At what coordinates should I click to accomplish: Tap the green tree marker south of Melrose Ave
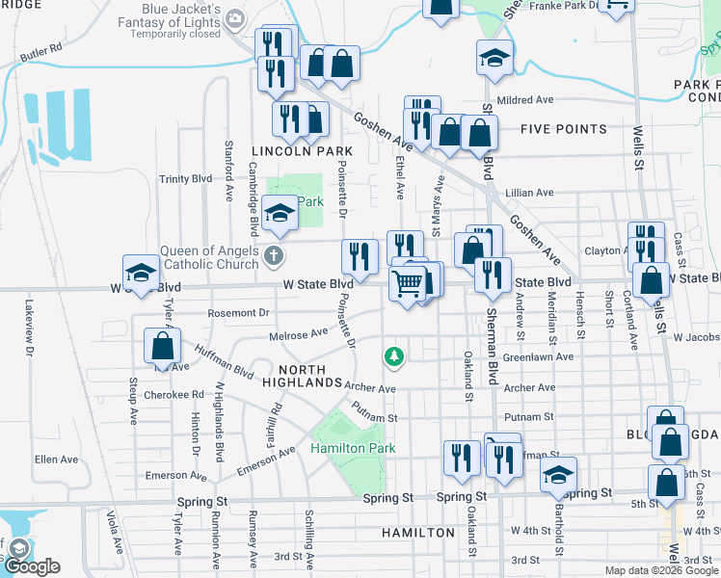click(393, 357)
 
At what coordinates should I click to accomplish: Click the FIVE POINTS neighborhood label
click(564, 129)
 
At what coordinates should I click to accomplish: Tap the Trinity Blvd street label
click(185, 179)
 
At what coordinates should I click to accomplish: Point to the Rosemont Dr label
click(238, 313)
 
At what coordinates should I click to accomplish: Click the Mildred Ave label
click(525, 99)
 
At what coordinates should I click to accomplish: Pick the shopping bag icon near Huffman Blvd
click(162, 346)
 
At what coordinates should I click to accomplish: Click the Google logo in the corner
click(32, 566)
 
